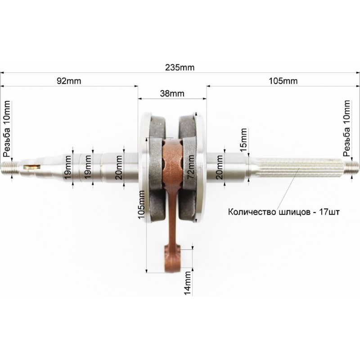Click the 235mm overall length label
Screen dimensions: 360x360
coord(180,67)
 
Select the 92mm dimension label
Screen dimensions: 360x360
coord(69,81)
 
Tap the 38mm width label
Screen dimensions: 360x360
coord(172,94)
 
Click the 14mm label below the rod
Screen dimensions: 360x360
coord(188,283)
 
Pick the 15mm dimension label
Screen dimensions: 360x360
coord(243,139)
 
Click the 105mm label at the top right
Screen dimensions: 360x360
coord(283,81)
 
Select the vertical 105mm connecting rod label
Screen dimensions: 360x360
coord(141,205)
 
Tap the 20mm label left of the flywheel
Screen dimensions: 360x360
coord(119,167)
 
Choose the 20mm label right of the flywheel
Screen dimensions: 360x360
coord(219,167)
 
